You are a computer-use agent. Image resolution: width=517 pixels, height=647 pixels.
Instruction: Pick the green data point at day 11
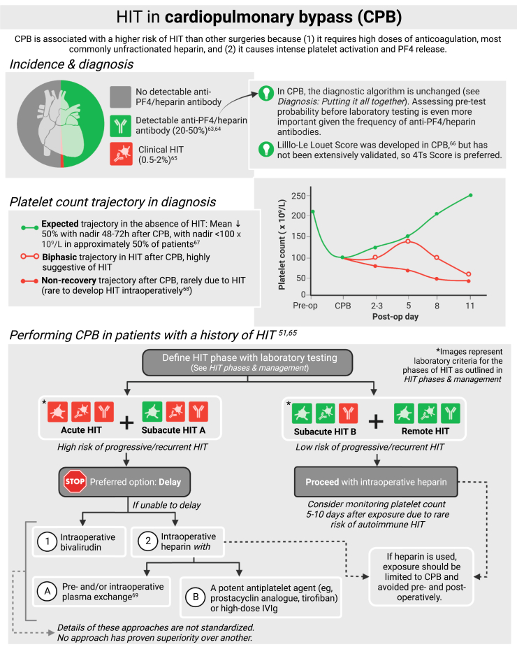pos(470,195)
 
